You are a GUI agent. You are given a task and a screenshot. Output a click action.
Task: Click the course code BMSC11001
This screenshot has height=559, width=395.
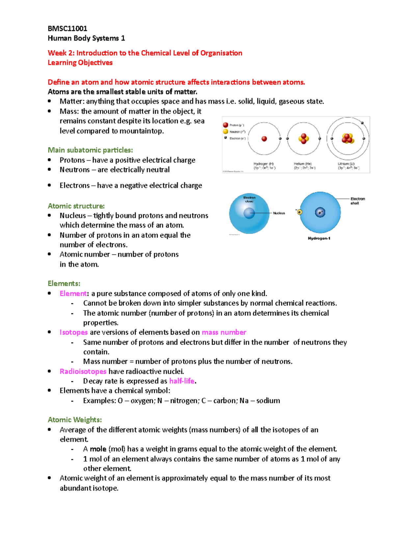tap(67, 28)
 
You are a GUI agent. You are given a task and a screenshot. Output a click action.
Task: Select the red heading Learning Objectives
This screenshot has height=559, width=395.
tap(80, 63)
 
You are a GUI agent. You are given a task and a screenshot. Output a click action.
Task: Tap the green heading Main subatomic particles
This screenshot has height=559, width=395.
tap(90, 150)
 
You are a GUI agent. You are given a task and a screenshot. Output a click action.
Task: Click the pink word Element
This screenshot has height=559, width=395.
tap(73, 293)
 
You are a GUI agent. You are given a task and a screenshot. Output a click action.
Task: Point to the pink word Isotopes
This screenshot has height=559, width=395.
tap(74, 332)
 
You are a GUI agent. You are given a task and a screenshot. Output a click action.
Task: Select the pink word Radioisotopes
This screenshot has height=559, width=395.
tap(83, 371)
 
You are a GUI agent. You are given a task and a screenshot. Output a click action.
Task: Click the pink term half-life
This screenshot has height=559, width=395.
tap(182, 381)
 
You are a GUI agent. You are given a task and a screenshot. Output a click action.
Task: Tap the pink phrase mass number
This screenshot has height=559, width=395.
tap(224, 332)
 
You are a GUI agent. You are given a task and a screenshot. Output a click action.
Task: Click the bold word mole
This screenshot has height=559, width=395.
tap(98, 449)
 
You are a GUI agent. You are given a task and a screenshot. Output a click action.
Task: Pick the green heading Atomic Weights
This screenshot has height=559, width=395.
tap(75, 420)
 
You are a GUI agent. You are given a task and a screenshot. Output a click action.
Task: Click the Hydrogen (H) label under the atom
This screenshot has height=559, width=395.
tap(264, 164)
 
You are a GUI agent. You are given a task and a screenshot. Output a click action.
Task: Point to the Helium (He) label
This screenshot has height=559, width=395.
tap(303, 164)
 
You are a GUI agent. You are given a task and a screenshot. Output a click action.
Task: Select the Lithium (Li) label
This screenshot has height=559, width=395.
tap(346, 164)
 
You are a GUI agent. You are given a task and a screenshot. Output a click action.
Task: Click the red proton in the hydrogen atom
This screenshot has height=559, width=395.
tap(264, 139)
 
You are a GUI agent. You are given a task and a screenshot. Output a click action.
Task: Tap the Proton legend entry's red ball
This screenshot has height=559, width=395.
tap(225, 125)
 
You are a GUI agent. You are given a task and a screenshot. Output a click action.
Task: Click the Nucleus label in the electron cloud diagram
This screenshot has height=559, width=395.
tap(279, 213)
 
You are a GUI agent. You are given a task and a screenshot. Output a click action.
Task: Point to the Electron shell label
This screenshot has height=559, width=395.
tap(357, 201)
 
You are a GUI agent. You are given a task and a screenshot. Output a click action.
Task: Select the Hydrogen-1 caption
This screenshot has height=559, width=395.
tap(319, 238)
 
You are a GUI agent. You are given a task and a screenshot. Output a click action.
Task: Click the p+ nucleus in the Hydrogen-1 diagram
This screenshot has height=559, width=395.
tap(320, 212)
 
